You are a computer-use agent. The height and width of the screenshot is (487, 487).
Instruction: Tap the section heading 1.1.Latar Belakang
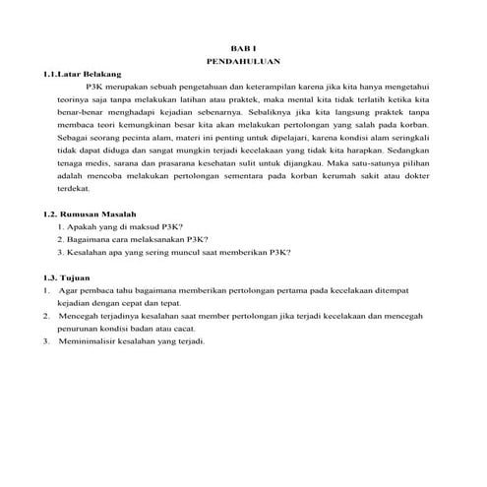77,73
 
